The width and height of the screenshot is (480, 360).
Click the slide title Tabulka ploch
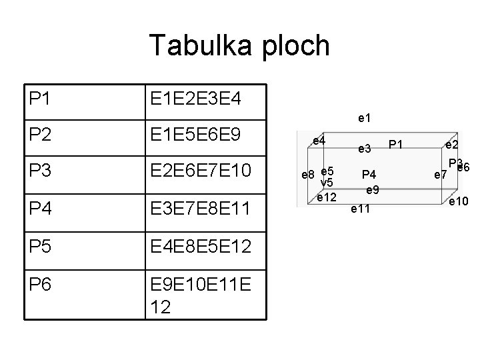pyautogui.click(x=239, y=45)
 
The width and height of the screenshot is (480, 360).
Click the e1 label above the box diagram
pyautogui.click(x=365, y=119)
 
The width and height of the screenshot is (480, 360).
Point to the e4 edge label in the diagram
pyautogui.click(x=319, y=141)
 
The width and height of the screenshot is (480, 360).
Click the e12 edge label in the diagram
pyautogui.click(x=327, y=197)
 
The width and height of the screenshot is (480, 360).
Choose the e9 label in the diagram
pyautogui.click(x=373, y=190)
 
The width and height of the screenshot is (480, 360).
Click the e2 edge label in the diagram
pyautogui.click(x=451, y=145)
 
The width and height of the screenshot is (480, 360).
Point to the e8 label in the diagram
pyautogui.click(x=308, y=175)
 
